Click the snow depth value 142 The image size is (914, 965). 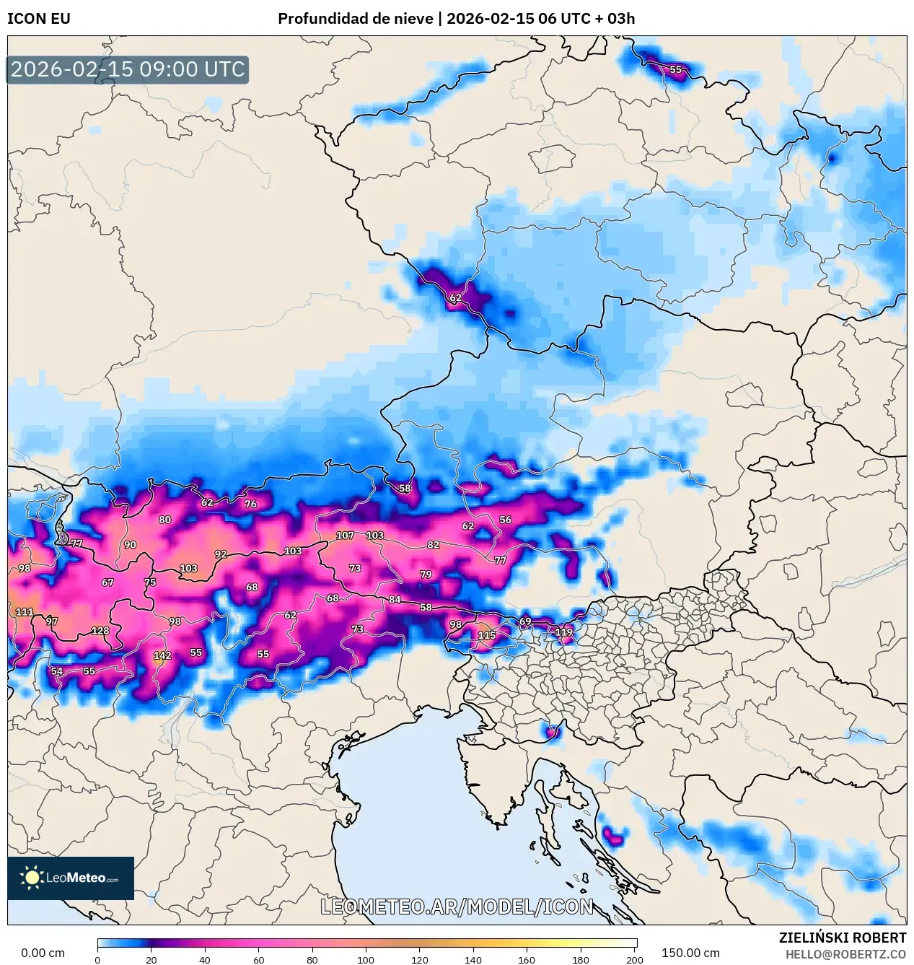tap(162, 655)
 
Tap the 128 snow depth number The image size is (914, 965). tap(100, 631)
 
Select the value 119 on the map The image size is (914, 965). tap(563, 632)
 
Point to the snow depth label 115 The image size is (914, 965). tap(487, 635)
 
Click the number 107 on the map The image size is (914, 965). tap(345, 536)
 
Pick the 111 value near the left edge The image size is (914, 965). tap(25, 612)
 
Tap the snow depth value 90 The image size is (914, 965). tap(130, 545)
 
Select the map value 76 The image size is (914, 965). tap(250, 504)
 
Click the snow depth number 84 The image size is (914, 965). tap(395, 600)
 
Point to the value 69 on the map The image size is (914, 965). tap(525, 621)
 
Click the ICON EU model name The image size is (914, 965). tap(39, 19)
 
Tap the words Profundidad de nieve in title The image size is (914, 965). tap(355, 19)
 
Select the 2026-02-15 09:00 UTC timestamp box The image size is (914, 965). tap(128, 69)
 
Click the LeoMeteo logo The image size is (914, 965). tap(71, 878)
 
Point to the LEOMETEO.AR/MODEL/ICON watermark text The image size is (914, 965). tap(457, 907)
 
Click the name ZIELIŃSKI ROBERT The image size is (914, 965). tap(842, 938)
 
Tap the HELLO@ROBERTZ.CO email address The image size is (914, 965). tap(845, 954)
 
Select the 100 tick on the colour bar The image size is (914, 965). tap(366, 959)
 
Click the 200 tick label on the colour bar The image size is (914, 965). tap(635, 959)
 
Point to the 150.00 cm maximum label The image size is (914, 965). tap(690, 953)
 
